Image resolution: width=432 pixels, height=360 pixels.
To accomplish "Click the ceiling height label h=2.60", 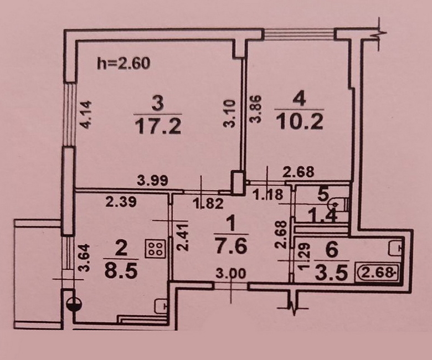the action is coord(124,63).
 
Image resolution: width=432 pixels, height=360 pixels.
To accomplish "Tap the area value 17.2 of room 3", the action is coord(158,126).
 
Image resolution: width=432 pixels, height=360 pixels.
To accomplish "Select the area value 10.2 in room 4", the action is coord(300,121).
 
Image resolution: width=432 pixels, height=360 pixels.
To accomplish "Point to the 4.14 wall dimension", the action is coord(85,115).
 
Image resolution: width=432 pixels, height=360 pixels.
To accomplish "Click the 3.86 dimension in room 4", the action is coord(255,109).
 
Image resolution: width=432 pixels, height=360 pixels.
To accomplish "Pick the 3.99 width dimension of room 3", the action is coord(153,181).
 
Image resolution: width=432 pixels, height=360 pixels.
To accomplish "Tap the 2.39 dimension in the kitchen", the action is coord(121,202).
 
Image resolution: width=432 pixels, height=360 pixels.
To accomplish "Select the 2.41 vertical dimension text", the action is coord(183,237).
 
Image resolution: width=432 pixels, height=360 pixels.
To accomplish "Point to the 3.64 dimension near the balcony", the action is coord(85,258).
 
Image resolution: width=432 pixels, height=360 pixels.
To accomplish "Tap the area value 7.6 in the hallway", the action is coord(231,246).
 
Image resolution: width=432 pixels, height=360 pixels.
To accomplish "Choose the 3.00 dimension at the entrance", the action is coord(231,274).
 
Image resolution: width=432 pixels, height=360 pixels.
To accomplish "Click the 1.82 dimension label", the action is coord(208,204).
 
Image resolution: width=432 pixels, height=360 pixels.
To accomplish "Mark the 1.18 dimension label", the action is coord(269,195).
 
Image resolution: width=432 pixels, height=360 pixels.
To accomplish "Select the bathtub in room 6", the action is coord(378,272).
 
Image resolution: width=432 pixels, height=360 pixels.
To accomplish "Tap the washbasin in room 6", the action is coord(395,248).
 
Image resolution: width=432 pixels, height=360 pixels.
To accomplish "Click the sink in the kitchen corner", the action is coord(161,306).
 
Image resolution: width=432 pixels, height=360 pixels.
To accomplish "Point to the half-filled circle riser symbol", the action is coord(74,305).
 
